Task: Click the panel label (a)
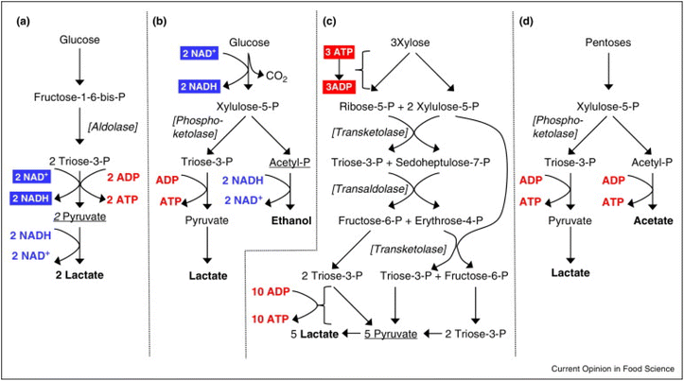tap(23, 22)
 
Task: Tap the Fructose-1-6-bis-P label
tap(79, 96)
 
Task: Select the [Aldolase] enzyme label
tap(113, 127)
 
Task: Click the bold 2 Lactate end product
tap(79, 275)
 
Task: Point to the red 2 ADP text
tap(123, 178)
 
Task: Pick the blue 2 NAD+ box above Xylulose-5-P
tap(200, 54)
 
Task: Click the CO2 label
tap(276, 77)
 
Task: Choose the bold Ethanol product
tap(291, 220)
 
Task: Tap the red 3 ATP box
tap(339, 52)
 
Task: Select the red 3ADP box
tap(339, 87)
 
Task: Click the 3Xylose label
tap(410, 43)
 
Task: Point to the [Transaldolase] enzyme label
tap(370, 189)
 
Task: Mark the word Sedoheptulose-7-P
tap(443, 163)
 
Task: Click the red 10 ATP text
tap(270, 320)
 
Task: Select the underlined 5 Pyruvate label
tap(391, 334)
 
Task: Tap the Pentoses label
tap(608, 43)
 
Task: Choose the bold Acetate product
tap(653, 220)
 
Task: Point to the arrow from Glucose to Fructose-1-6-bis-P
tap(79, 66)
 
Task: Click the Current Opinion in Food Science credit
tap(613, 369)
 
